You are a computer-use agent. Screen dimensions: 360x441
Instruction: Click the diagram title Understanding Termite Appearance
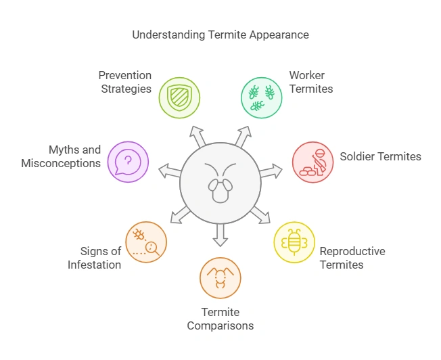220,35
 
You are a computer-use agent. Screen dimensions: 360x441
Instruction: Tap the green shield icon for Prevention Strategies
180,97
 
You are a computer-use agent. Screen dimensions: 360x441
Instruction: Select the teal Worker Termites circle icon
262,97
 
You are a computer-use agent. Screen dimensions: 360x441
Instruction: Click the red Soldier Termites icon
312,162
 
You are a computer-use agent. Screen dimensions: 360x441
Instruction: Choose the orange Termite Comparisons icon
220,277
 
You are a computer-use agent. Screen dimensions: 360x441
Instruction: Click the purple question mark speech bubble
129,162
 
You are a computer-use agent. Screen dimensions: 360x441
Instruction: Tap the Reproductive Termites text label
352,258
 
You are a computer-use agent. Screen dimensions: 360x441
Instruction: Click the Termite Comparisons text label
220,319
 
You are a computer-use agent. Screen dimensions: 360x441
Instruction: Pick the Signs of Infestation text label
95,258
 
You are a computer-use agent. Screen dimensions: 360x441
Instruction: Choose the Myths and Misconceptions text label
61,156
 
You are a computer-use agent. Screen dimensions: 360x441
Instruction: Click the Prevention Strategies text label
125,82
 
